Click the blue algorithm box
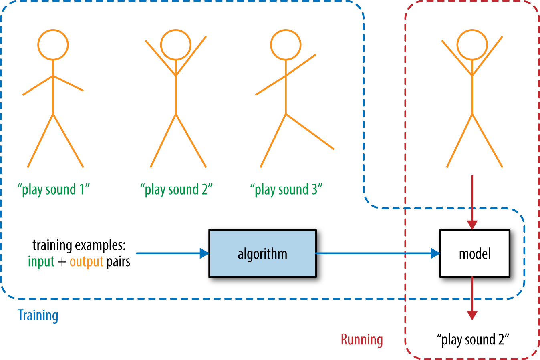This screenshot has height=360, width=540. point(262,253)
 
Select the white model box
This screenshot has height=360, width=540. point(475,253)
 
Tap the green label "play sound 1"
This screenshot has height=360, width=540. point(53,189)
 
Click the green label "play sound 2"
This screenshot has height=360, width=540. point(176,189)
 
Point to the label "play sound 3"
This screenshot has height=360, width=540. point(286,189)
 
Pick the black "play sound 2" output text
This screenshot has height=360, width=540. point(473,340)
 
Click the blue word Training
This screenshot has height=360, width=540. point(38,316)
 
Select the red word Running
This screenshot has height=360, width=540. point(362,340)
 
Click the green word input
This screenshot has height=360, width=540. point(41,262)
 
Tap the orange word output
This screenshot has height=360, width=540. point(86,262)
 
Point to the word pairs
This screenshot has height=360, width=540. point(118,262)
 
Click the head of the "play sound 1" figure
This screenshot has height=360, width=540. point(53,45)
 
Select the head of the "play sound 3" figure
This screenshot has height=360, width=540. point(286,45)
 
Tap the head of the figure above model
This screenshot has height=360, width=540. point(472,45)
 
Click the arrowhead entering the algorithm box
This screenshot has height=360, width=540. point(204,253)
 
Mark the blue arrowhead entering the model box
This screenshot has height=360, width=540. point(435,253)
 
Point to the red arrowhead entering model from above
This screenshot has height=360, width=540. point(472,224)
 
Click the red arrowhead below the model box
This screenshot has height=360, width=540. point(472,315)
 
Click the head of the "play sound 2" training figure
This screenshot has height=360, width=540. point(176,45)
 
